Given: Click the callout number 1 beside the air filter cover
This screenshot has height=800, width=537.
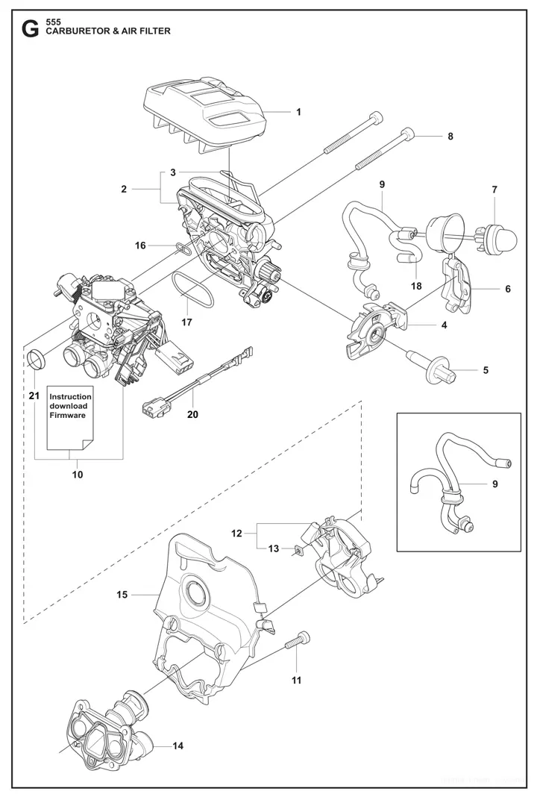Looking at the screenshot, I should coord(298,112).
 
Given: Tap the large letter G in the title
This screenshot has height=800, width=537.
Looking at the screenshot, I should coord(30,30).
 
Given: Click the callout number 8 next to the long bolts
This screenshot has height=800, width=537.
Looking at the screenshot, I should coord(450,137).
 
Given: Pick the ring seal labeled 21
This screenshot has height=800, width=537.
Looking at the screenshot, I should coord(37,360).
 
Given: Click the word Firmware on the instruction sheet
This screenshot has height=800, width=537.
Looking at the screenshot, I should coord(68,415).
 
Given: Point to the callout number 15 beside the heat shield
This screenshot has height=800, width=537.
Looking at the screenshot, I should coord(122,595).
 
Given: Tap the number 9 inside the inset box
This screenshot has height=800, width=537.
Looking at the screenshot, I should coord(494,484).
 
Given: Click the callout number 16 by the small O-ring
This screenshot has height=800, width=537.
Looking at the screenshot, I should coord(139,245).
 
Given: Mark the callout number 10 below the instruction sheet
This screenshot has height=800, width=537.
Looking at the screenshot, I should coord(77,474).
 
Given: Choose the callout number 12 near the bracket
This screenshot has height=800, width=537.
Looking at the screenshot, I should coord(237,533).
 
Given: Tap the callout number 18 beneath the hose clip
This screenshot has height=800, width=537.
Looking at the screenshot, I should coord(415,286).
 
